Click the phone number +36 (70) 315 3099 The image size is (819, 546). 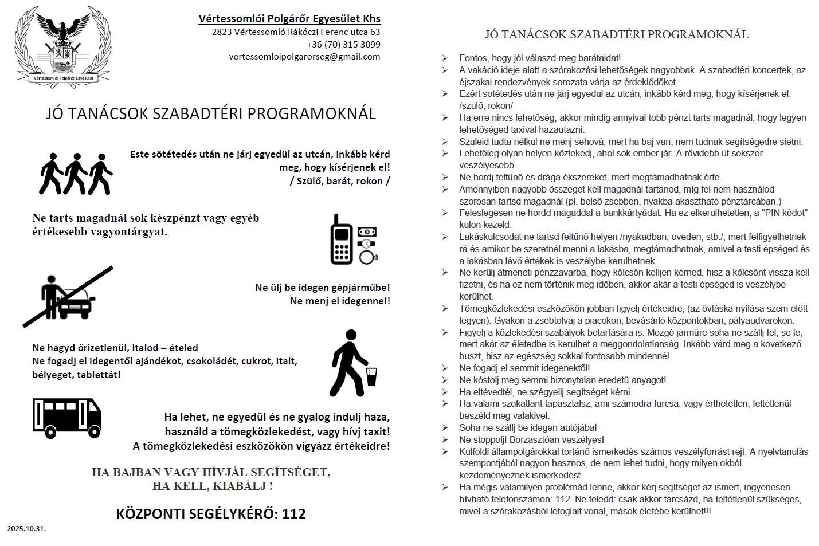tap(343, 44)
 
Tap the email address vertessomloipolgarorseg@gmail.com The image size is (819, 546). tap(304, 56)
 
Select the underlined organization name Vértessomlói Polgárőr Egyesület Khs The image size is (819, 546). tap(289, 18)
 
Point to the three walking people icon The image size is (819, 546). tap(76, 173)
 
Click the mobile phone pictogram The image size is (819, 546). tap(342, 239)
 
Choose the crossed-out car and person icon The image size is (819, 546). tap(68, 296)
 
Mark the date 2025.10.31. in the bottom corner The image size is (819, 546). tap(26, 528)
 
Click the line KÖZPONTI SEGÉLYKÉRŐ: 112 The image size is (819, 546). tap(211, 513)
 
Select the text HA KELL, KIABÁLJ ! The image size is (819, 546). tap(212, 486)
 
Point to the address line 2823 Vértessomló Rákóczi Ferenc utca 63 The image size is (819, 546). tap(296, 32)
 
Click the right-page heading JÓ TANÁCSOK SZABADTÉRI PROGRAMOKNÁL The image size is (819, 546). tap(617, 34)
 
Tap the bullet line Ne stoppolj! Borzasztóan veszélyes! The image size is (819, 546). tap(531, 439)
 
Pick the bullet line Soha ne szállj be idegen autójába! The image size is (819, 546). tap(528, 427)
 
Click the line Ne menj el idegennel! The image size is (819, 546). tap(340, 301)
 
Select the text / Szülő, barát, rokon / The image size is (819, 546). tap(340, 181)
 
